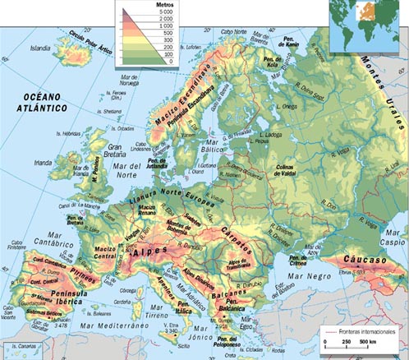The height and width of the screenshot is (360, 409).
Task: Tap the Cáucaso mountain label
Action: [367, 259]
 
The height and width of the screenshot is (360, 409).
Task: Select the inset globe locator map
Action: [368, 22]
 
